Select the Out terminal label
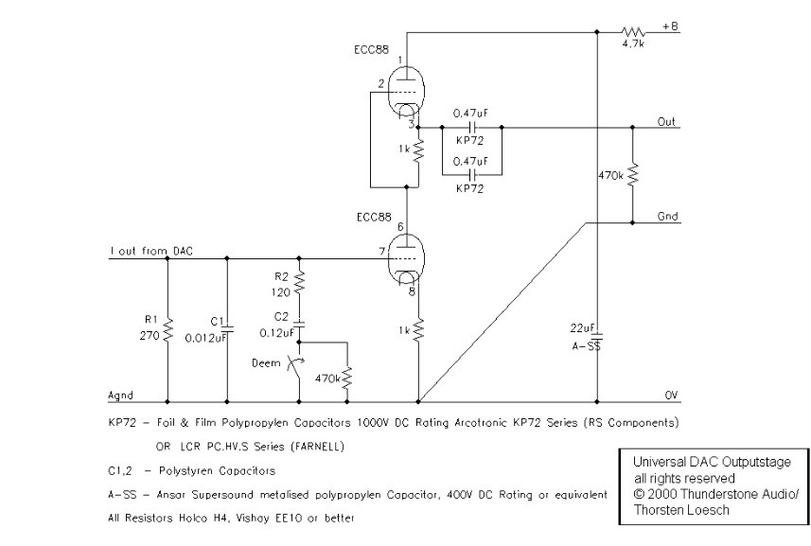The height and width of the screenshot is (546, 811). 665,121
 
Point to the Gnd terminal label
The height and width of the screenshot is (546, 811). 666,217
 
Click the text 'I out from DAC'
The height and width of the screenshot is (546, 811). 150,250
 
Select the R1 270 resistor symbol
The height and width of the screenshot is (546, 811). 167,330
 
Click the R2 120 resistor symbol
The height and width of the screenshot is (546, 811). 299,282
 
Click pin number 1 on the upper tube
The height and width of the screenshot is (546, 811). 400,60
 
